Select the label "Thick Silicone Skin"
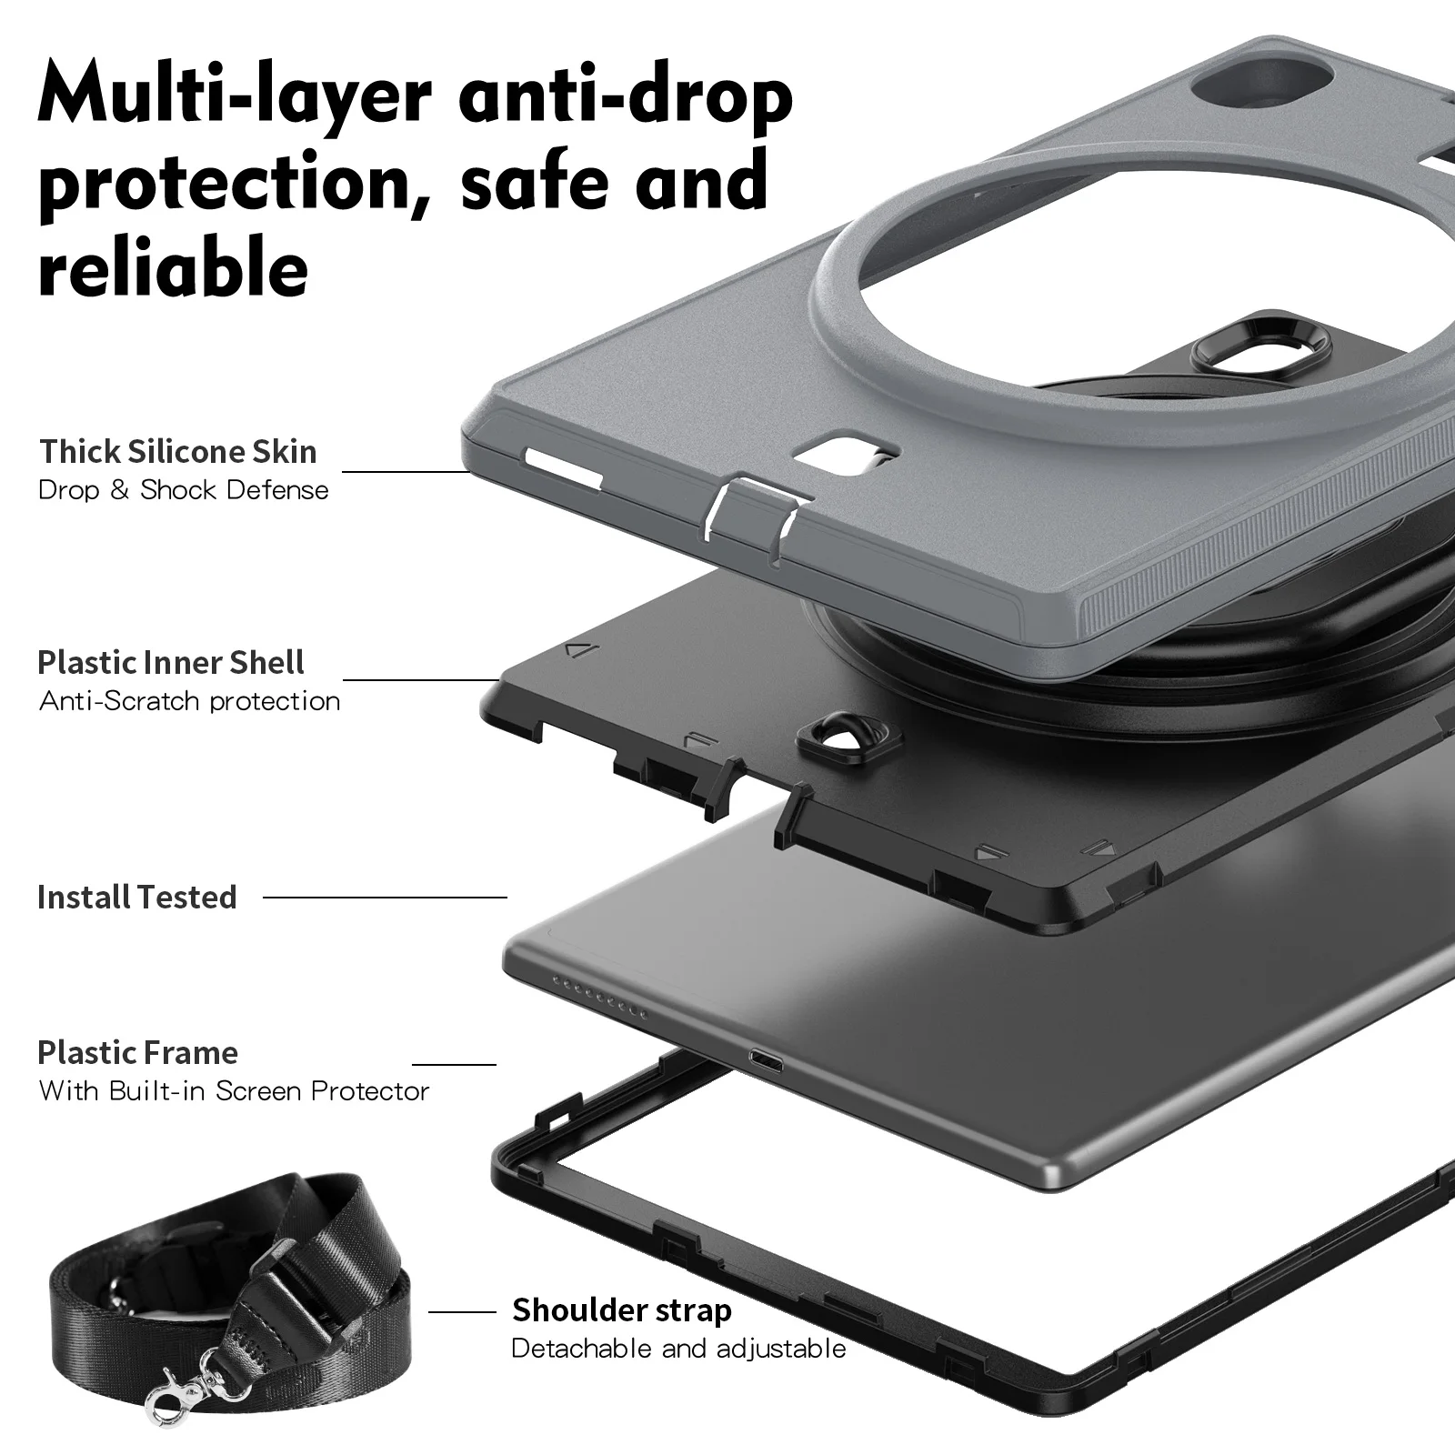point(177,451)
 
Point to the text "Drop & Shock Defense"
point(183,490)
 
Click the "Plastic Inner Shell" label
point(171,662)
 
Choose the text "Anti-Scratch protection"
point(189,701)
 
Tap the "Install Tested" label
point(136,897)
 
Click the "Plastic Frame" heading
point(137,1052)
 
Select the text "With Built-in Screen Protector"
point(234,1090)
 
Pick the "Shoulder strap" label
point(622,1309)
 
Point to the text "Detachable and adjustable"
point(678,1348)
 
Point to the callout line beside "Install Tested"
point(385,898)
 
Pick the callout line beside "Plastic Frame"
point(454,1065)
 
